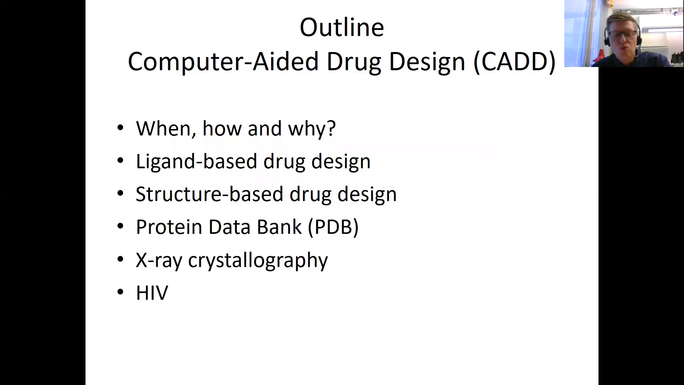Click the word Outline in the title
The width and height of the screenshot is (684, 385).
342,27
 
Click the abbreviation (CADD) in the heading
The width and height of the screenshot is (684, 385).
514,62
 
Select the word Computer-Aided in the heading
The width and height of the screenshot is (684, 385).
223,62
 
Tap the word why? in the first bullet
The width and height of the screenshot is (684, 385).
312,128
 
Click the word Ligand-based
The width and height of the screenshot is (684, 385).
196,161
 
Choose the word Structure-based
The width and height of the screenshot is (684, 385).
209,194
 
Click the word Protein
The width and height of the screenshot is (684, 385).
169,227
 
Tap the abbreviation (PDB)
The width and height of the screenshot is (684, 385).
333,227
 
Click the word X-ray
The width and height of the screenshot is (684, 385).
159,260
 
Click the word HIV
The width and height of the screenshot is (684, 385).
152,293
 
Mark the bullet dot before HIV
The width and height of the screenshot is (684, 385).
120,292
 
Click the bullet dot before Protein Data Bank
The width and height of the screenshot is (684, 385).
120,226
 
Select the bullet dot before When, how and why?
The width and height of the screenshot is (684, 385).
120,128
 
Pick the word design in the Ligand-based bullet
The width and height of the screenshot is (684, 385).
341,161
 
